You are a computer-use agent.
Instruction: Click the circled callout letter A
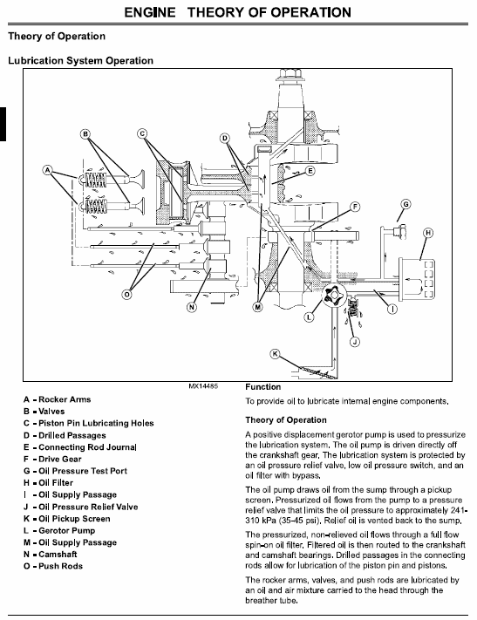point(47,170)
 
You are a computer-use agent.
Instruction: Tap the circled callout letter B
point(85,134)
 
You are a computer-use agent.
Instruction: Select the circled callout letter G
point(405,204)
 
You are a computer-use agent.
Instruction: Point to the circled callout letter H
point(428,233)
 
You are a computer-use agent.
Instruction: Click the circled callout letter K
point(275,353)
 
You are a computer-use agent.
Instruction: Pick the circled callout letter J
point(355,342)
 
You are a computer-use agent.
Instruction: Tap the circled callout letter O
point(126,295)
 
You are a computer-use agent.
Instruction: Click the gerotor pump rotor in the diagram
point(333,295)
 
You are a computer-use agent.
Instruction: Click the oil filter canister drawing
point(417,278)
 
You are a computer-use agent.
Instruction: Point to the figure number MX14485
point(203,386)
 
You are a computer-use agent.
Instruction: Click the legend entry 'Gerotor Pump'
point(67,531)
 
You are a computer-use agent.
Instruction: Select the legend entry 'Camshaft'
point(58,555)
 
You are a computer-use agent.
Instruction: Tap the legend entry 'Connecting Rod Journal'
point(87,447)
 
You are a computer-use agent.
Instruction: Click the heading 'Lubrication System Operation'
point(81,60)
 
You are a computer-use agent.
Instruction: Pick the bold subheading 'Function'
point(263,387)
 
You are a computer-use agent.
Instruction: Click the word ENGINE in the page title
point(150,13)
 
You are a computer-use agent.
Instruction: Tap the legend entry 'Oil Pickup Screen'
point(74,519)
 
